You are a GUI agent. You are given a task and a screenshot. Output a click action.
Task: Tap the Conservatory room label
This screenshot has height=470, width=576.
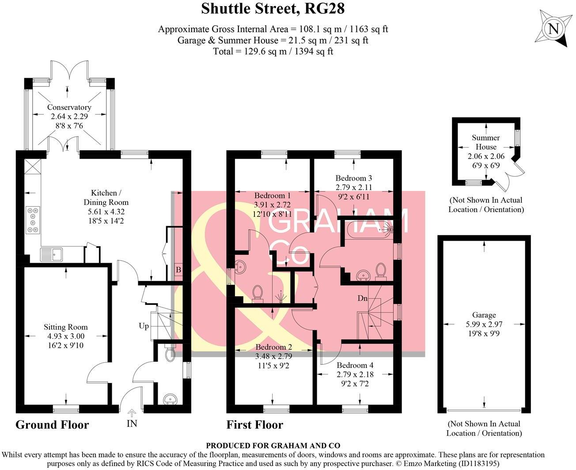click(x=69, y=107)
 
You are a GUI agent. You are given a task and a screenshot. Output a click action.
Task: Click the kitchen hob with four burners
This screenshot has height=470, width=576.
click(x=33, y=220)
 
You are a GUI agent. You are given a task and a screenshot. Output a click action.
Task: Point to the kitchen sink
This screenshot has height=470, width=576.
click(x=51, y=254)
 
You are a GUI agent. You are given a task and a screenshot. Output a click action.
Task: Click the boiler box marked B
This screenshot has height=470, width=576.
click(x=178, y=270)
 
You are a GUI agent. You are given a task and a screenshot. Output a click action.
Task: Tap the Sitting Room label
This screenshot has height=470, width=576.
click(x=65, y=327)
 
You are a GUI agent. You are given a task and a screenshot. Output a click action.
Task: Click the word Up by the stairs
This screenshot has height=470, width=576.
click(x=144, y=326)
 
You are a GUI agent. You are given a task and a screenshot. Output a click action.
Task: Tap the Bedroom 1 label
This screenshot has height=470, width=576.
click(x=272, y=196)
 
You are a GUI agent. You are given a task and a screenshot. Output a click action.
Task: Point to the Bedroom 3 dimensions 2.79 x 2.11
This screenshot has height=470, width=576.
click(x=353, y=187)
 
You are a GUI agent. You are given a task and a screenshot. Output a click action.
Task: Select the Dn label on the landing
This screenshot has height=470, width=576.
click(x=362, y=298)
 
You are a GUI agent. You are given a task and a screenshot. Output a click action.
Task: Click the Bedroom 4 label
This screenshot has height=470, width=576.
click(x=355, y=365)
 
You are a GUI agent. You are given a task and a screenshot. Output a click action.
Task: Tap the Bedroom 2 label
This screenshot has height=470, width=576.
click(x=273, y=347)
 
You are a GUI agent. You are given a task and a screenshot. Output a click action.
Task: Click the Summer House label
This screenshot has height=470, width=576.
click(x=485, y=142)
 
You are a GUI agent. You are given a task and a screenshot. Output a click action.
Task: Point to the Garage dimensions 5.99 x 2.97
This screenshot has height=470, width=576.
click(x=484, y=325)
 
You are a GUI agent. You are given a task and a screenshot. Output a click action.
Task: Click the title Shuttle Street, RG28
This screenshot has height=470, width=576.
click(x=273, y=8)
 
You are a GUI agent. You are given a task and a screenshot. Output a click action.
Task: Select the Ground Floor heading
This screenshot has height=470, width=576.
click(x=52, y=425)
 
